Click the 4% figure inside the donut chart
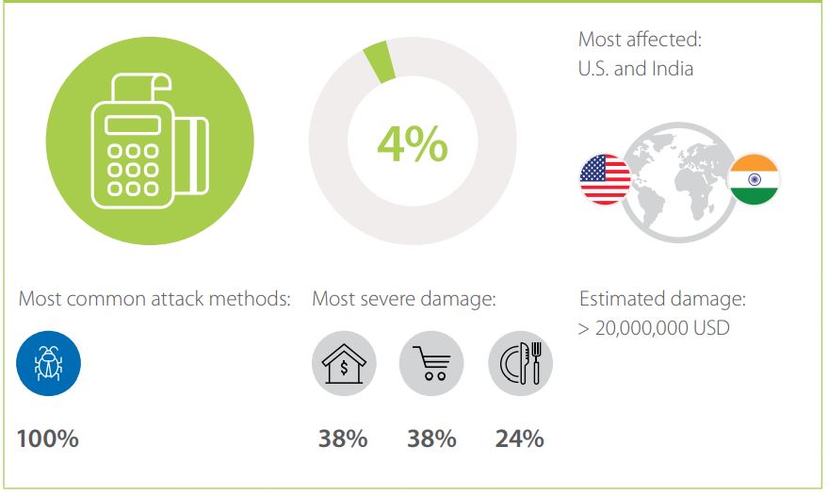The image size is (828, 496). tap(413, 144)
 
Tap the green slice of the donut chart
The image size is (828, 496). tap(380, 61)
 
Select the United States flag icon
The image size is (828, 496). tap(605, 179)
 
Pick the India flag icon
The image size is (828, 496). tap(755, 179)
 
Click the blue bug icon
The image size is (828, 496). tap(49, 363)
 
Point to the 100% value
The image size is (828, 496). tap(47, 438)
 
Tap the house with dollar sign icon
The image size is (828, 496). tap(344, 363)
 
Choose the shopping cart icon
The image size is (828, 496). tap(431, 363)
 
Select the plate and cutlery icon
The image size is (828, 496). tap(520, 363)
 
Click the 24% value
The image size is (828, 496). tap(520, 438)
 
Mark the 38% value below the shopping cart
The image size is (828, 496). tap(431, 438)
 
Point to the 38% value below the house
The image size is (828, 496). tap(343, 438)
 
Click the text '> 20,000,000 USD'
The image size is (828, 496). tap(655, 328)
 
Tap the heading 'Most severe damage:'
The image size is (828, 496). tap(404, 299)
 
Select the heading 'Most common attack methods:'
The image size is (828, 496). tap(154, 299)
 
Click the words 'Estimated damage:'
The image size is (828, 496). tap(663, 299)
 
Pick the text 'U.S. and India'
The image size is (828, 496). tap(636, 69)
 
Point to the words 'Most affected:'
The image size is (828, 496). tap(640, 39)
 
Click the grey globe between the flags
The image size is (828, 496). tap(679, 182)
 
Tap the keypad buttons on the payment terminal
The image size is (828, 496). tap(133, 170)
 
